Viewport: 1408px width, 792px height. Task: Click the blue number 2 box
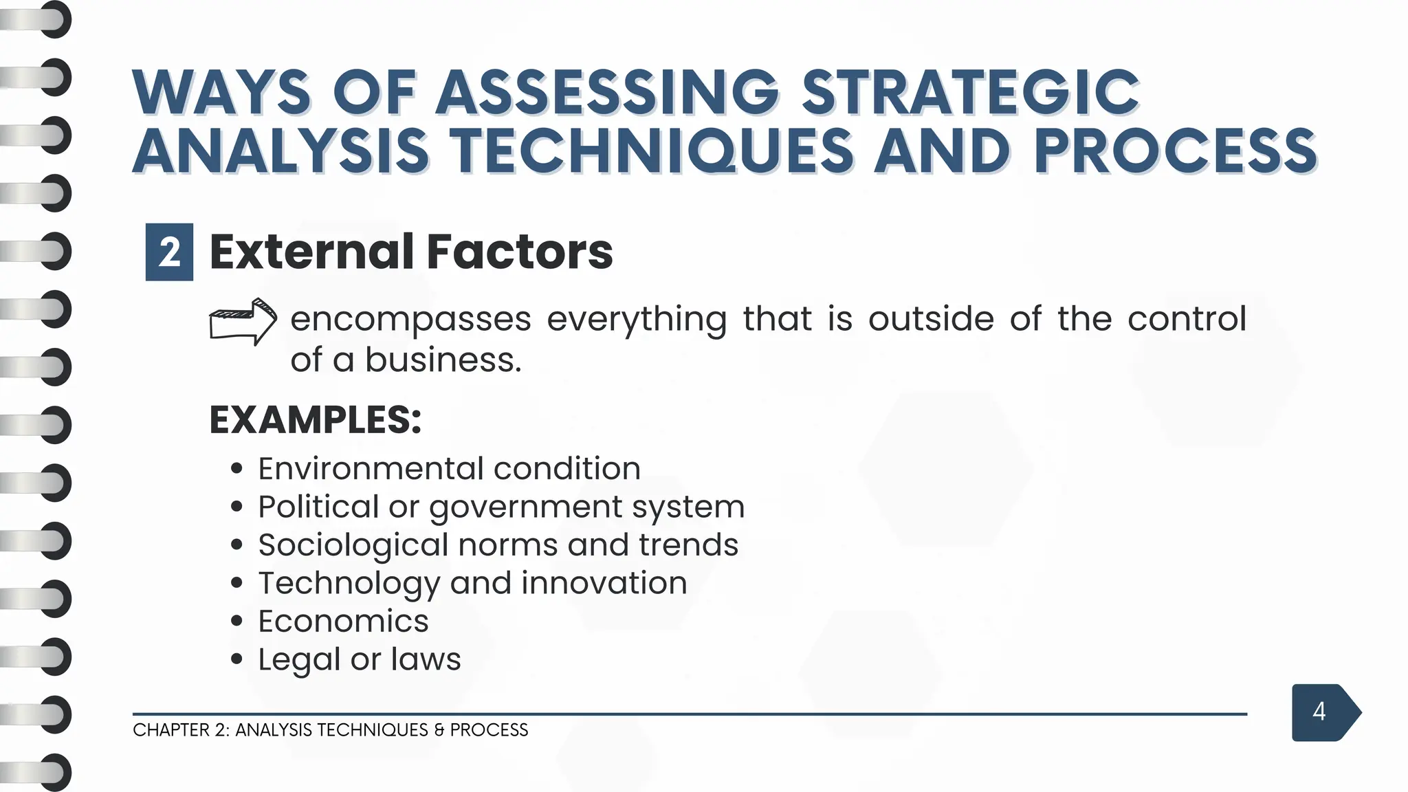[169, 252]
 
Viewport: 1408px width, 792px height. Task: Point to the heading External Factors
[410, 252]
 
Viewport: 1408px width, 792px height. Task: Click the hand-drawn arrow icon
[243, 321]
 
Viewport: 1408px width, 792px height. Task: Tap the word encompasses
[410, 320]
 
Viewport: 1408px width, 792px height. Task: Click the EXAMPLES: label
[315, 419]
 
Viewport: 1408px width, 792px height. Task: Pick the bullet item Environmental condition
[449, 469]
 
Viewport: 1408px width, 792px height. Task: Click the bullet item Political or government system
[500, 507]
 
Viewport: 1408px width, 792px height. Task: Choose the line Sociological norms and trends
[498, 545]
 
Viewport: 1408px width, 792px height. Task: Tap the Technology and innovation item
[472, 583]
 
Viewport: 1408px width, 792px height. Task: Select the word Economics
[343, 621]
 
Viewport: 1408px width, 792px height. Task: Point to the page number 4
[1319, 712]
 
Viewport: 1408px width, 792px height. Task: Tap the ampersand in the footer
[439, 730]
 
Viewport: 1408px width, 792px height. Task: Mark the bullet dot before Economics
[237, 621]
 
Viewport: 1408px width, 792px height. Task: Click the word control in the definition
[1187, 320]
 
